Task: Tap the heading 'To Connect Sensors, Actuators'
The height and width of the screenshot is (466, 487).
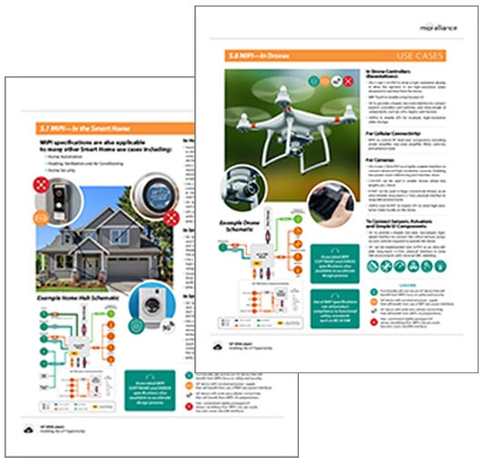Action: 406,222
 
